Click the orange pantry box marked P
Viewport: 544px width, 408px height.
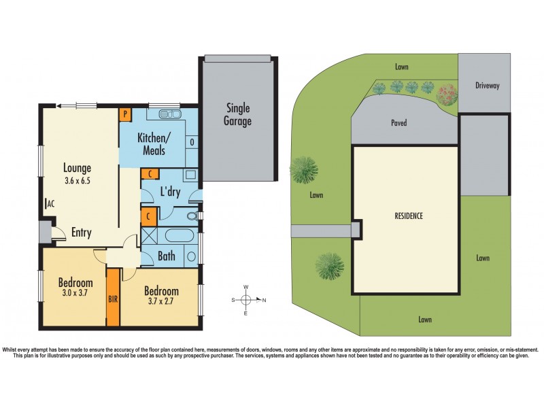(126, 115)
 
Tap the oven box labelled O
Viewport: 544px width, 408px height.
(192, 143)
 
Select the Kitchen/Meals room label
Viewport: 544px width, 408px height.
(154, 143)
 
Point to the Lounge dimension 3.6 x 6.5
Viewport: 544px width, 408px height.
(78, 181)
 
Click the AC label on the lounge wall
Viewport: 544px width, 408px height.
(50, 203)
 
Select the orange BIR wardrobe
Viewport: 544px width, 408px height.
(113, 298)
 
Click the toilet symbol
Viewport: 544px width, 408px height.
(192, 216)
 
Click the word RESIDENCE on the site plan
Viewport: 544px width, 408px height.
(409, 216)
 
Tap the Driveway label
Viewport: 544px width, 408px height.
(487, 86)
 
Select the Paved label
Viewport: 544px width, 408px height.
(399, 124)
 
